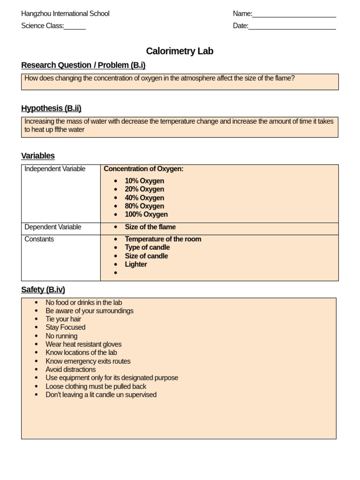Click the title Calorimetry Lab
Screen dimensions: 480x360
pyautogui.click(x=180, y=51)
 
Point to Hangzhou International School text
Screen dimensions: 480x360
pyautogui.click(x=65, y=14)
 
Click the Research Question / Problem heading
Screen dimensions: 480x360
pyautogui.click(x=83, y=65)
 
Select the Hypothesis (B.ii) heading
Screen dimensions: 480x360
pyautogui.click(x=51, y=108)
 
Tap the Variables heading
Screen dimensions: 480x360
pyautogui.click(x=38, y=156)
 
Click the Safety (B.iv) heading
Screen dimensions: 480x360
pyautogui.click(x=43, y=290)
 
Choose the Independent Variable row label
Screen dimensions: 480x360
pyautogui.click(x=55, y=169)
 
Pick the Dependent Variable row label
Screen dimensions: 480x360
pyautogui.click(x=53, y=227)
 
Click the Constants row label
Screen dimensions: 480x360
pyautogui.click(x=39, y=239)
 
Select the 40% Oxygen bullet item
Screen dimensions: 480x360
pyautogui.click(x=144, y=198)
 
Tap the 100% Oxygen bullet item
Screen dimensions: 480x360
pyautogui.click(x=146, y=214)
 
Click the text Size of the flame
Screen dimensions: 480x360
pyautogui.click(x=150, y=227)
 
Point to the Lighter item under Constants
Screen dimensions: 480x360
pyautogui.click(x=136, y=264)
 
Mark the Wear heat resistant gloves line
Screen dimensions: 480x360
pyautogui.click(x=83, y=344)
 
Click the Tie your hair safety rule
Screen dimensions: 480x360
pyautogui.click(x=63, y=319)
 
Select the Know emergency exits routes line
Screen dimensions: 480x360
pyautogui.click(x=88, y=361)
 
